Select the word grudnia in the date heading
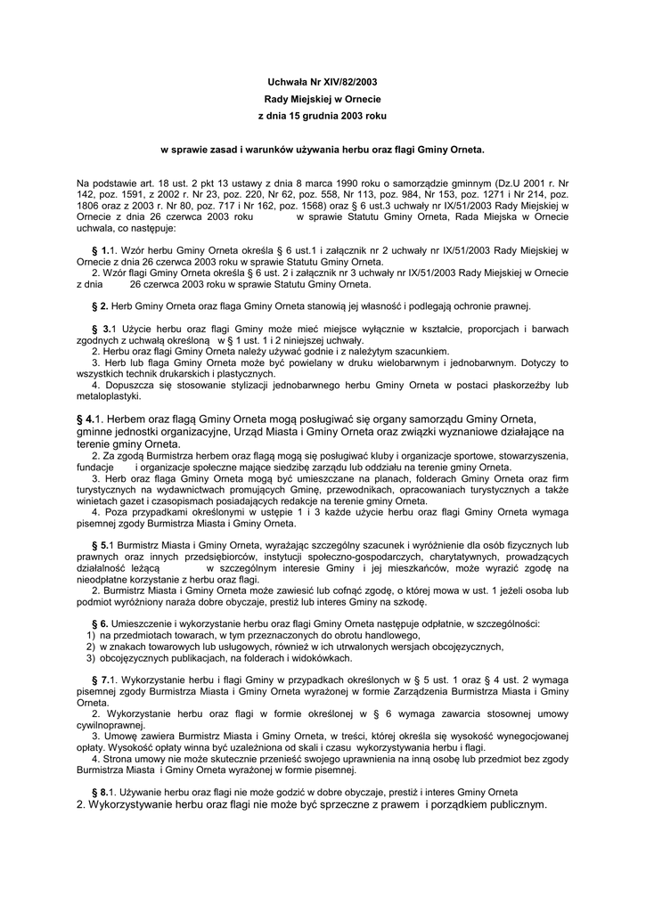(x=310, y=116)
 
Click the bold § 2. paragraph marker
(x=100, y=305)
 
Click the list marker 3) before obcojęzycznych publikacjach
(x=91, y=658)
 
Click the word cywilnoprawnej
(x=112, y=725)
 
